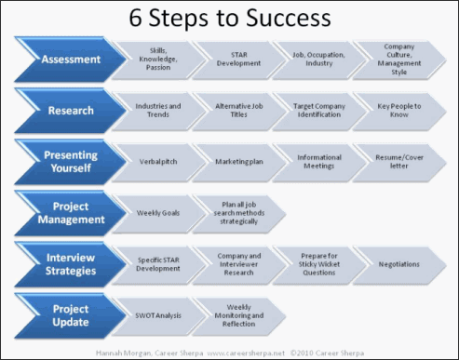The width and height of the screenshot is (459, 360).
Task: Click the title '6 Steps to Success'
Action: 228,20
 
